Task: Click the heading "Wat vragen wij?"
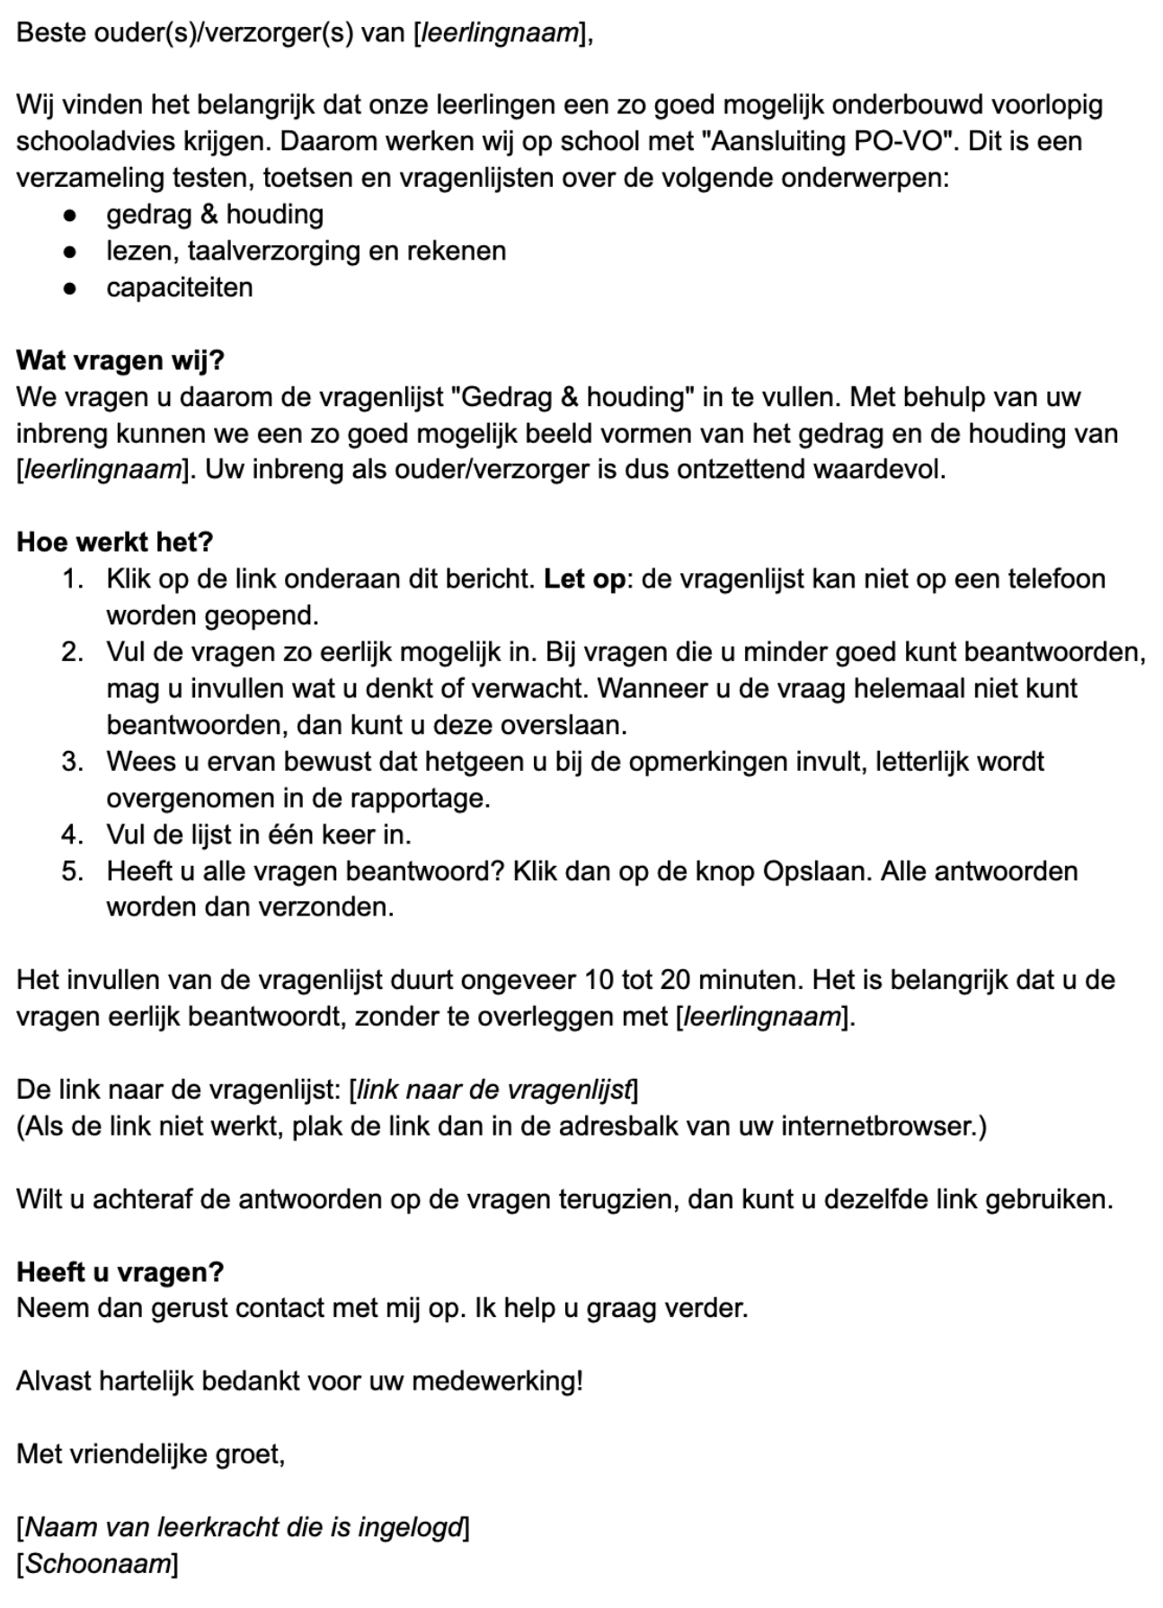point(120,360)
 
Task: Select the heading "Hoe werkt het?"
point(114,543)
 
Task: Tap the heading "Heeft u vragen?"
point(120,1272)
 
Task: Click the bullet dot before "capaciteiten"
point(69,288)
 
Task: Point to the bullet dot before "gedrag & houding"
point(69,216)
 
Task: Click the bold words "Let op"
point(584,579)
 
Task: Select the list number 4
point(72,835)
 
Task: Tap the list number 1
point(72,579)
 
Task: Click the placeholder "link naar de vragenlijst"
point(493,1090)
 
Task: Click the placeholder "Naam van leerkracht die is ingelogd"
point(243,1527)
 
